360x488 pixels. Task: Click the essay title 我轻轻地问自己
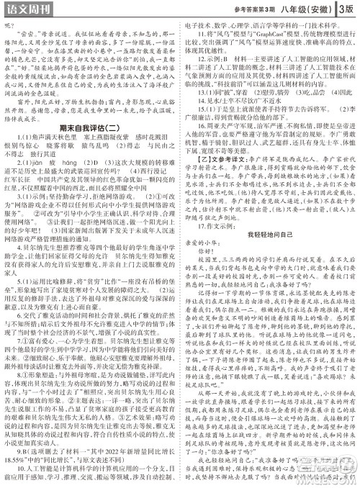click(270, 235)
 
